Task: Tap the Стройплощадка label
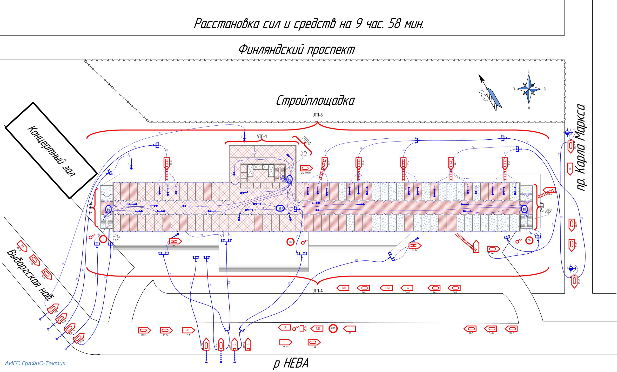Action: click(x=315, y=101)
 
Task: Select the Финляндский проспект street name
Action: click(x=296, y=49)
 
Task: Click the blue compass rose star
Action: click(x=529, y=89)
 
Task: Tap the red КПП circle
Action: click(x=333, y=328)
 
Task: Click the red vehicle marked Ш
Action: click(x=285, y=327)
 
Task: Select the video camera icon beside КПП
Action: click(x=303, y=328)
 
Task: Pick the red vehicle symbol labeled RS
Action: click(x=349, y=329)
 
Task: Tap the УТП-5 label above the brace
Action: click(x=317, y=115)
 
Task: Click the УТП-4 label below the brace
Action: click(x=317, y=291)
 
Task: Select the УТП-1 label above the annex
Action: click(x=262, y=136)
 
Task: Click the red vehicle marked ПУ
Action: click(x=570, y=169)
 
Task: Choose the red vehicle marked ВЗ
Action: click(x=22, y=246)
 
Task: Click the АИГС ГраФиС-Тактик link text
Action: click(x=35, y=363)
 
